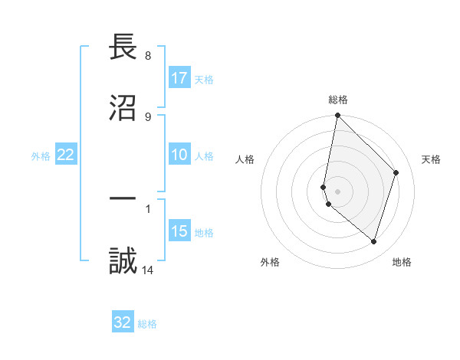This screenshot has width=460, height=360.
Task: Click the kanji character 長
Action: pos(123,47)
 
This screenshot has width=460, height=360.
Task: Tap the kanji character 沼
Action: pos(123,108)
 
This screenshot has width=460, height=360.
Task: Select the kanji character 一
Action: pos(123,200)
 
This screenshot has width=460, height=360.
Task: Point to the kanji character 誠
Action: pos(123,260)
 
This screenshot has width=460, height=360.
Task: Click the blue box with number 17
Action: pos(179,78)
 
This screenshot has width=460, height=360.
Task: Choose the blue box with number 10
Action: pos(179,155)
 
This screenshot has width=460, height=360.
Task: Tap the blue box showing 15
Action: pos(179,231)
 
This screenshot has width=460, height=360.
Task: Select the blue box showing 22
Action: pos(66,155)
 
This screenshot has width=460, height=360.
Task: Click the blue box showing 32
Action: pos(123,322)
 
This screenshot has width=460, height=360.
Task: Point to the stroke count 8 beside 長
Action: pos(147,56)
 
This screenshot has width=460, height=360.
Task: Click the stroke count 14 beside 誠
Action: pos(147,270)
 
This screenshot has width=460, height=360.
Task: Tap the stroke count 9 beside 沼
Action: pos(147,116)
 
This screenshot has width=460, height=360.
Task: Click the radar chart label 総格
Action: pos(338,100)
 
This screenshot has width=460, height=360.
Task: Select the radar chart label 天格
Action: pos(431,159)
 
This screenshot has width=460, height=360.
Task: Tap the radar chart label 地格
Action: pos(402,262)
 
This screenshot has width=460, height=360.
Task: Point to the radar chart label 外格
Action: pos(270,262)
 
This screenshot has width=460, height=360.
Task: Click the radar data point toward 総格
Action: pos(337,116)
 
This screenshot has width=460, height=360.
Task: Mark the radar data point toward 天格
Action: pos(396,172)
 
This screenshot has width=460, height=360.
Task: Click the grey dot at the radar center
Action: pos(337,191)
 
